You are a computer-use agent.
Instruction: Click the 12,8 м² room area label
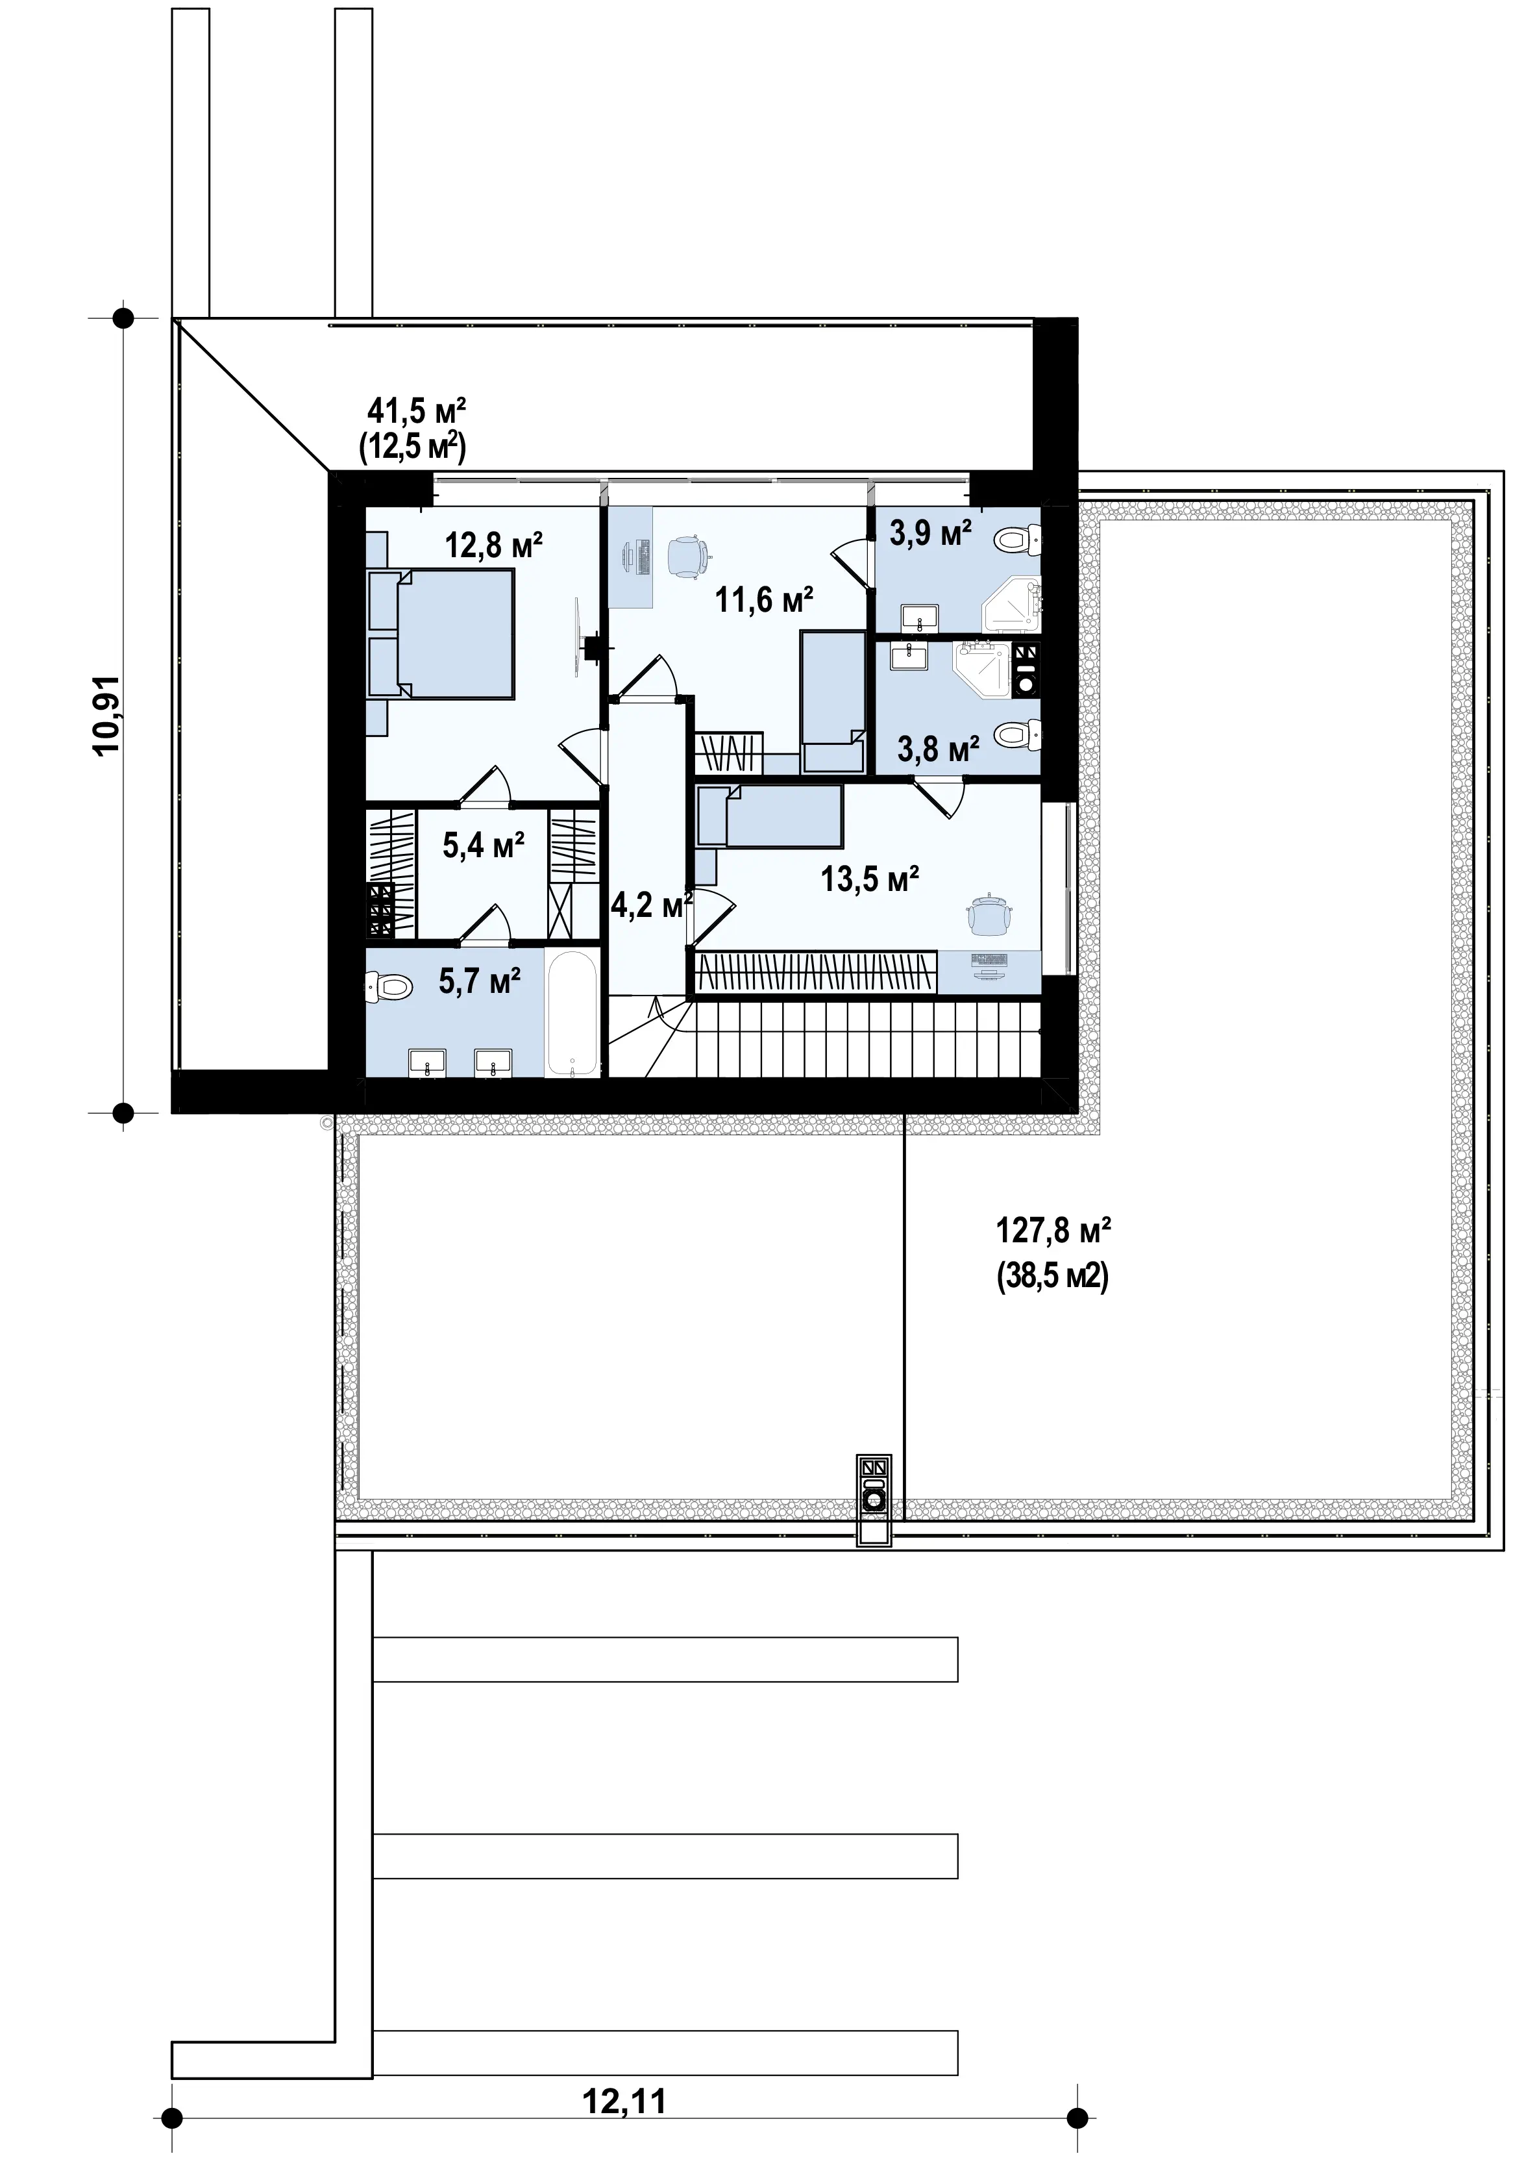tap(493, 546)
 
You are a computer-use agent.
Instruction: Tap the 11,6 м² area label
tap(764, 599)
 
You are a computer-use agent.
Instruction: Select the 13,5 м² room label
tap(870, 879)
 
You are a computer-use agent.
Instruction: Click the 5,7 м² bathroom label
tap(480, 981)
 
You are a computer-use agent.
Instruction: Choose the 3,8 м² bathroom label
tap(938, 750)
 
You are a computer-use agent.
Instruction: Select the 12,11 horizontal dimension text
tap(624, 2101)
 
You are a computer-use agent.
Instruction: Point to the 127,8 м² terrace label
tap(1053, 1231)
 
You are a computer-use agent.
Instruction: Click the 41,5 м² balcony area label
tap(417, 411)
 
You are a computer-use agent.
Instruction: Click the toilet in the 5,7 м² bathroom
tap(388, 988)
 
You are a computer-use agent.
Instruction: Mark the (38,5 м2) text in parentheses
tap(1053, 1278)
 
